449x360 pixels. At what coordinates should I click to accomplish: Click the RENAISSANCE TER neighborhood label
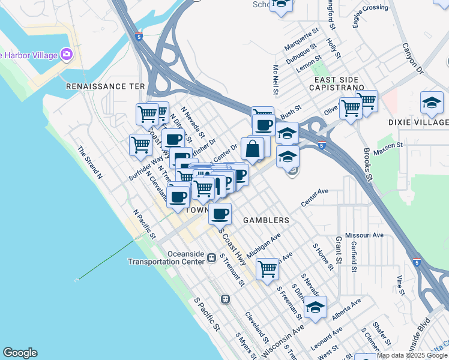(x=106, y=86)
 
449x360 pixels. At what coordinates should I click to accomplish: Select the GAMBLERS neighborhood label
(x=266, y=220)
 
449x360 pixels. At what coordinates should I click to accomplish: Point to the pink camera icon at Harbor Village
(x=66, y=55)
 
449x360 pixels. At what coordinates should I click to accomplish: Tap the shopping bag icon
(x=253, y=149)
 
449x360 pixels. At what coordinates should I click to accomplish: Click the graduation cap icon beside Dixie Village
(x=432, y=103)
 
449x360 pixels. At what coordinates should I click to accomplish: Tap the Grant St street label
(x=339, y=250)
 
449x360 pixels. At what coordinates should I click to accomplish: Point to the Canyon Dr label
(x=412, y=58)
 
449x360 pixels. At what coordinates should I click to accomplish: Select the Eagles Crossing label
(x=370, y=16)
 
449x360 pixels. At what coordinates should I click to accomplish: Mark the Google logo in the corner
(x=20, y=353)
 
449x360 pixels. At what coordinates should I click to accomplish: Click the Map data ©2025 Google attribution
(x=412, y=356)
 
